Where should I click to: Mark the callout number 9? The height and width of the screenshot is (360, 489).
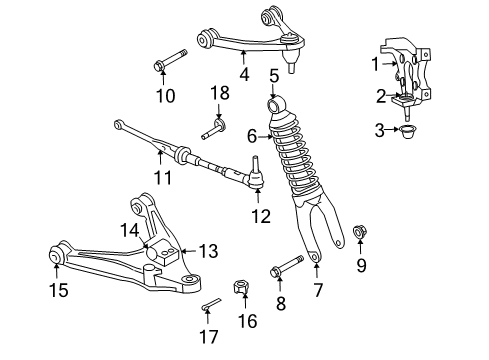tap(361, 265)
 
